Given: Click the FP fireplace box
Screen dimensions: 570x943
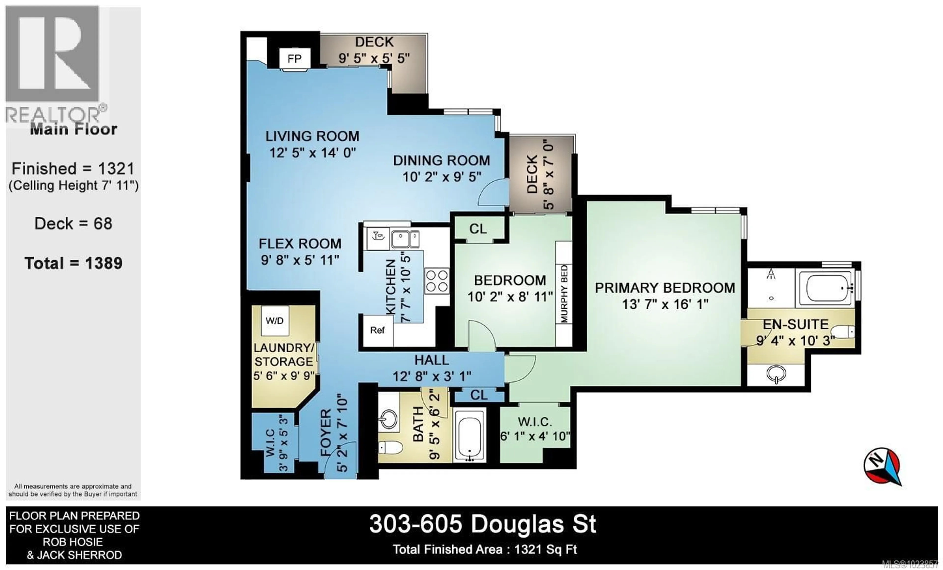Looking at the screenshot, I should pos(294,58).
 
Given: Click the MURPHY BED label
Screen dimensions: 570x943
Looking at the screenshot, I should pos(564,294).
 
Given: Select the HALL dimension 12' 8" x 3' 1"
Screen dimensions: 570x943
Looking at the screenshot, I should pos(432,376).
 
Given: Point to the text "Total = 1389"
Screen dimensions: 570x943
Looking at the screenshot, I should pos(73,263).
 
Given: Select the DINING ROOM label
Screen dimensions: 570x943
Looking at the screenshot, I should pos(442,160).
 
